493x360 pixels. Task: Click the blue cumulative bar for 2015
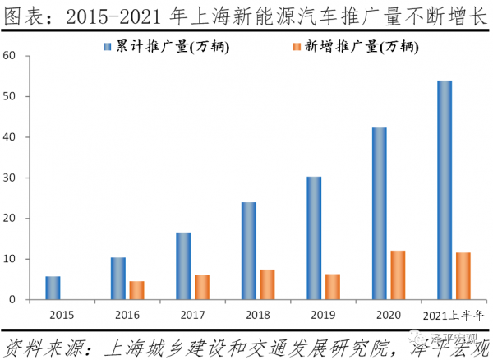point(53,288)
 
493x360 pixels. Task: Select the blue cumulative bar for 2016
point(118,279)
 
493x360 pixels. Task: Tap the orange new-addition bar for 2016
point(137,290)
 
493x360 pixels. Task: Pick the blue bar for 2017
point(183,266)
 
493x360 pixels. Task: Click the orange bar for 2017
point(202,287)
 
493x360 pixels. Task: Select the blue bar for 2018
point(249,251)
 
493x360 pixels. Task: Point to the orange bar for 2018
point(267,284)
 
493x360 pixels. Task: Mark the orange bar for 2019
point(333,287)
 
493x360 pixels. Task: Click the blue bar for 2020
point(379,214)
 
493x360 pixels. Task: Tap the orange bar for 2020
point(399,275)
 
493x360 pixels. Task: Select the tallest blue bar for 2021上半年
point(445,190)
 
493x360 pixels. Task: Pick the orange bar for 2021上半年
point(463,276)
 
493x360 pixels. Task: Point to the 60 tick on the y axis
point(10,56)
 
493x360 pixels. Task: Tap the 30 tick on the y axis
point(10,178)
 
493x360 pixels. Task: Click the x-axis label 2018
point(258,315)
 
